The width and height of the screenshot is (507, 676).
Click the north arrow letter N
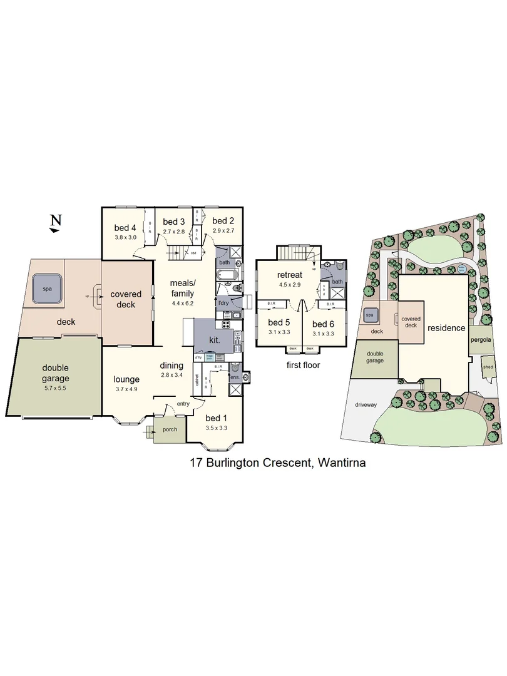coord(56,220)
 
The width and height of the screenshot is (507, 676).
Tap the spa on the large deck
coord(47,290)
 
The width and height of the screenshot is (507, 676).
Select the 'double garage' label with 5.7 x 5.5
coord(54,373)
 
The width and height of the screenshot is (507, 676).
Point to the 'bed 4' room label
coord(125,228)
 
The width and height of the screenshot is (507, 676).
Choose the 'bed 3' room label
coord(173,222)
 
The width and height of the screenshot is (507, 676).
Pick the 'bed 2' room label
coord(223,220)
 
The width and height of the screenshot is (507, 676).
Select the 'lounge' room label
coord(126,379)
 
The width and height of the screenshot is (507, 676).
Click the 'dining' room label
coord(172,366)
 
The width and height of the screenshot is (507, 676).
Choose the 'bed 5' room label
coord(279,323)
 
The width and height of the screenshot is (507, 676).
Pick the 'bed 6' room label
coord(323,324)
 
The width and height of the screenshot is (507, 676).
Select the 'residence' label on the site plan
coord(446,328)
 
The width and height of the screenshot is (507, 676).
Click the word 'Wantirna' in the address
coord(342,464)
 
